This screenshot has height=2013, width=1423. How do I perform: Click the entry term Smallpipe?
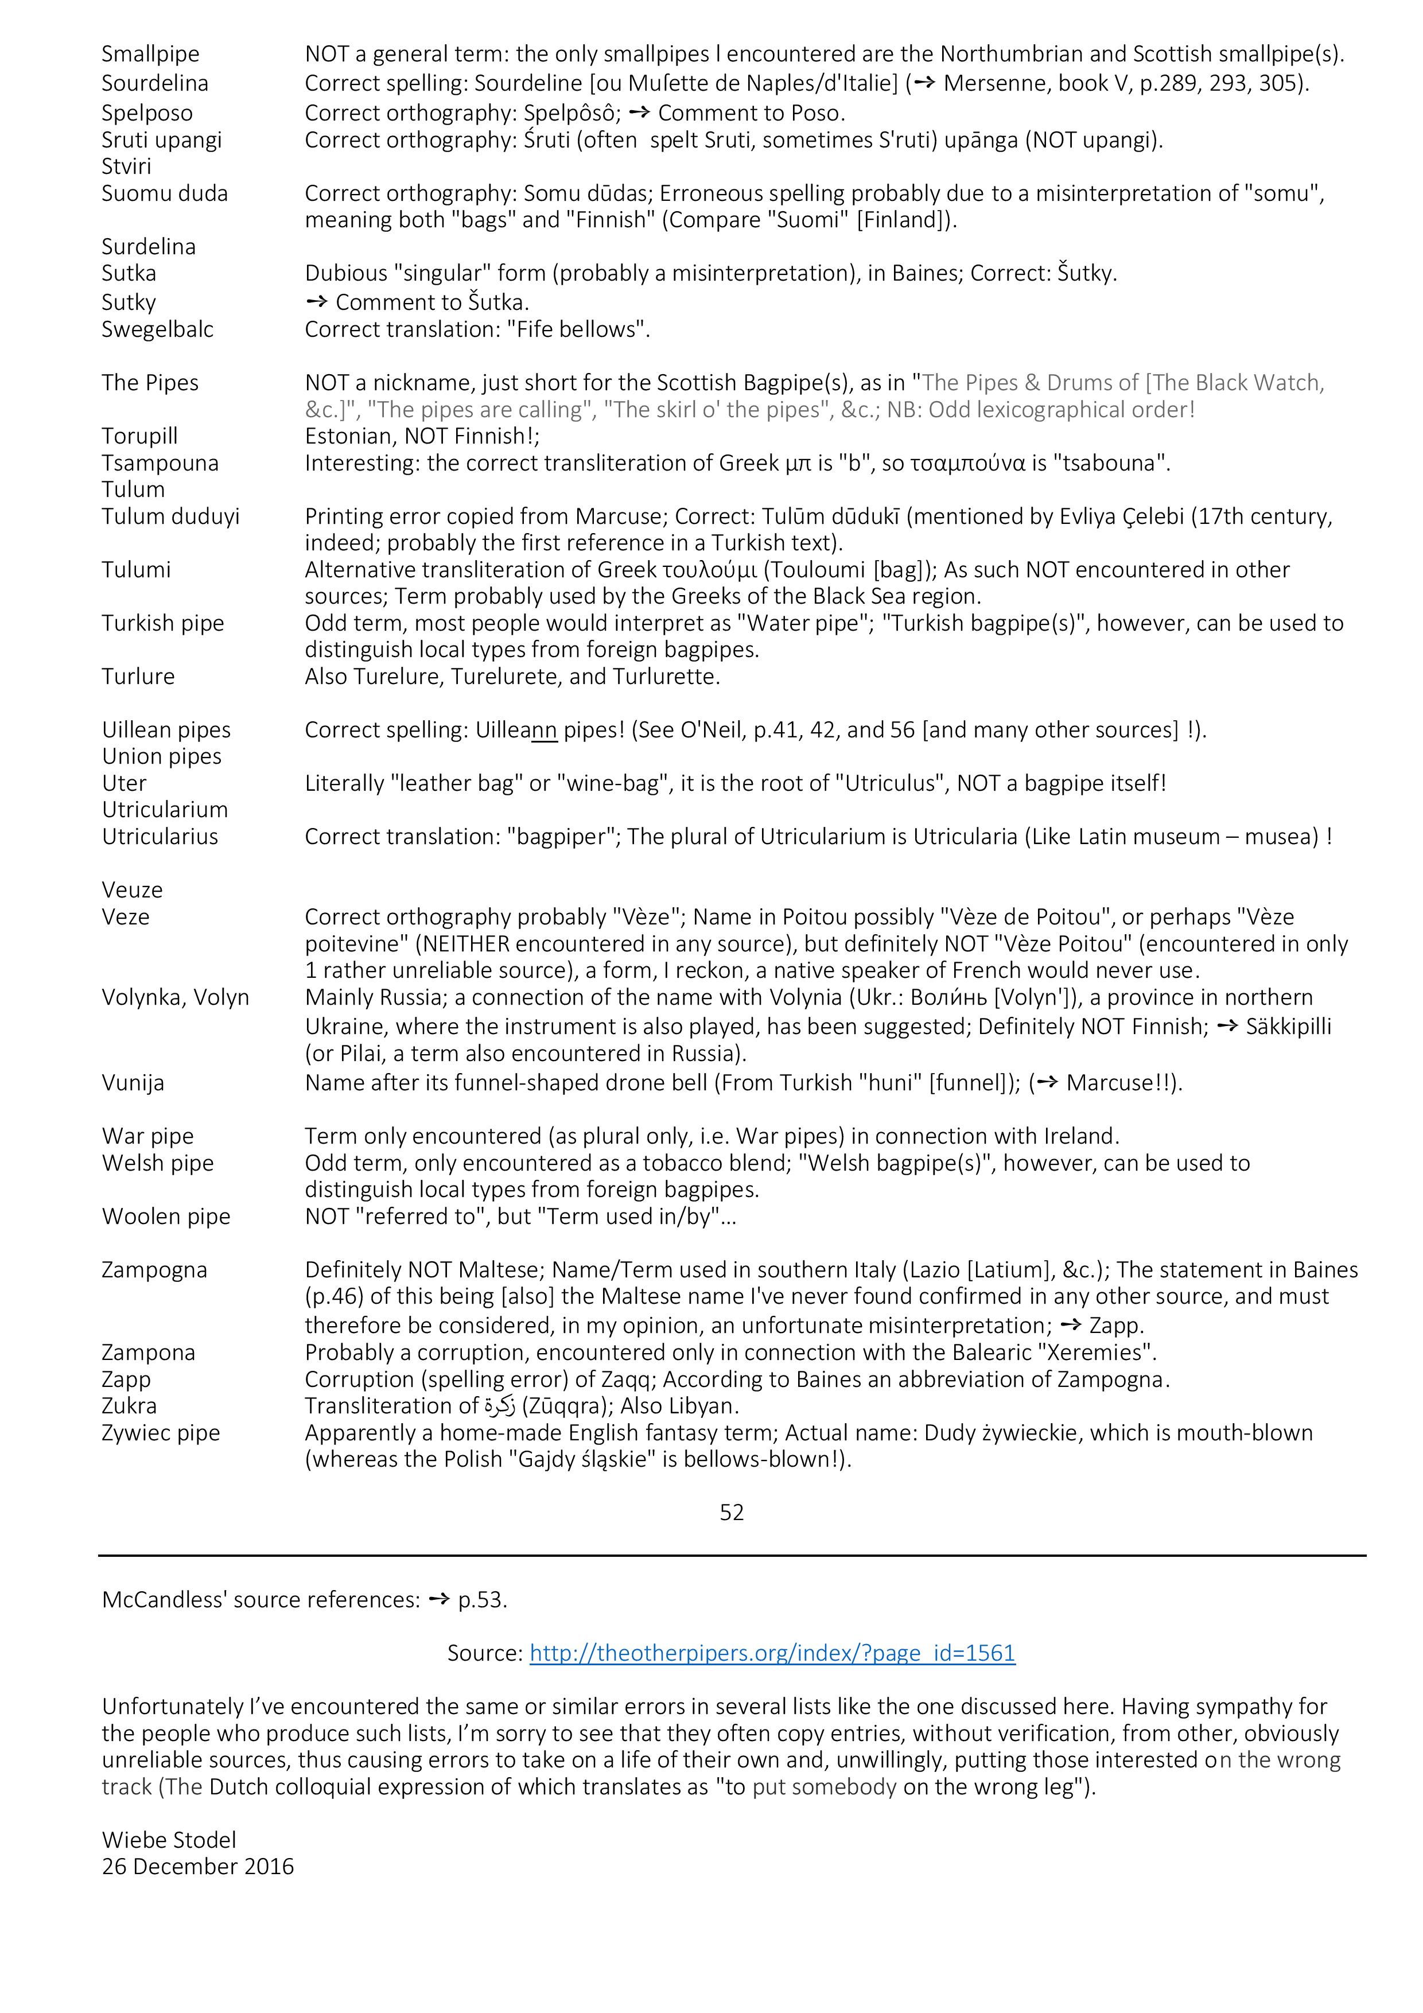150,55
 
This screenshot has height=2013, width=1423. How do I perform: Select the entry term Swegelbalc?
157,329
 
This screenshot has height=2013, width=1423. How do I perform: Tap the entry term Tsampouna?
160,463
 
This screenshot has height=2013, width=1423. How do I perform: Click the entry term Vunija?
133,1083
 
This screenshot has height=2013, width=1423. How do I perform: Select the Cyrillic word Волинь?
950,998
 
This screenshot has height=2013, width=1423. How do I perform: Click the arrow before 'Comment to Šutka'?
317,302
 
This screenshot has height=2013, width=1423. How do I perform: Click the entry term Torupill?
139,437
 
